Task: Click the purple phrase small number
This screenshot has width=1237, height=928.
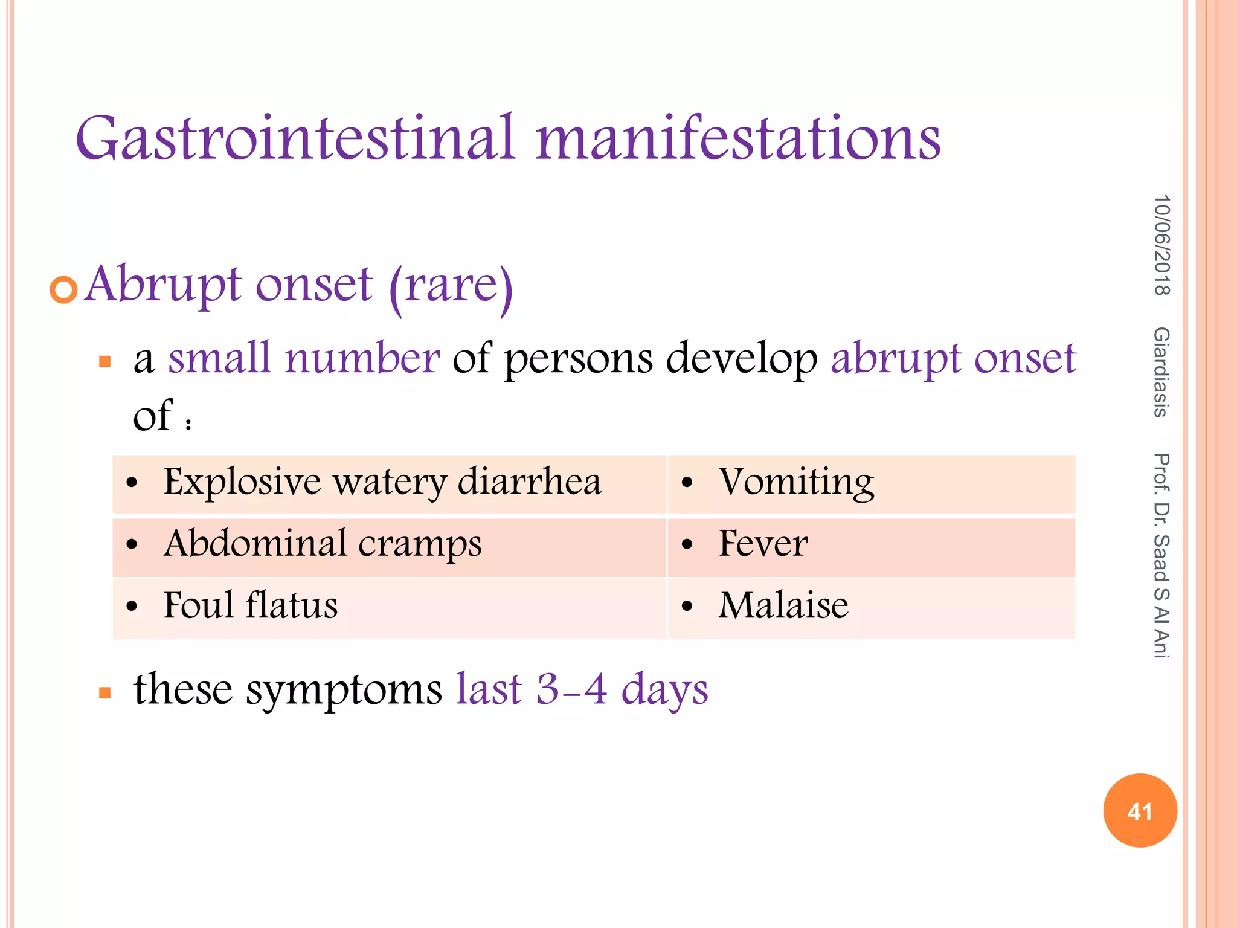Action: tap(304, 358)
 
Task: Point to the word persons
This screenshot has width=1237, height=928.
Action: tap(578, 359)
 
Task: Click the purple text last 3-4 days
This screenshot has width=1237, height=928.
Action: tap(582, 689)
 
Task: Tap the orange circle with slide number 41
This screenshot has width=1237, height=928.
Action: tap(1140, 811)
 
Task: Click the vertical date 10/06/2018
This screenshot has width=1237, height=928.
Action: tap(1161, 245)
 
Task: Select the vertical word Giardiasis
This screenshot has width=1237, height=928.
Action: tap(1161, 372)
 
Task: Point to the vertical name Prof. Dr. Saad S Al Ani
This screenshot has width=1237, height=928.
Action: tap(1161, 555)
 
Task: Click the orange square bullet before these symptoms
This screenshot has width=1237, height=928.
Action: tap(104, 692)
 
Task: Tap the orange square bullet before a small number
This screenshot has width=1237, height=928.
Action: tap(104, 362)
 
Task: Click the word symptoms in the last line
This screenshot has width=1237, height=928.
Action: tap(344, 691)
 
